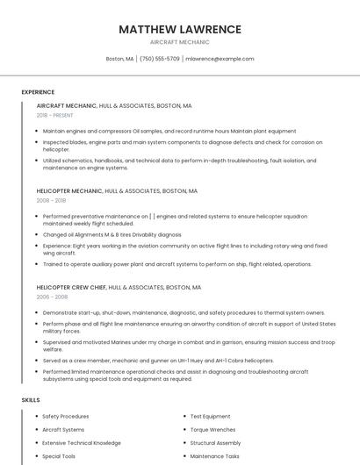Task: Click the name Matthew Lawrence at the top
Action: click(180, 29)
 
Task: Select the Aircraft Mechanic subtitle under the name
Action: click(180, 42)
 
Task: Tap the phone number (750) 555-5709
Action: click(159, 59)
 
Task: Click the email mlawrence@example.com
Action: click(220, 59)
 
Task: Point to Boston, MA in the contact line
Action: click(119, 59)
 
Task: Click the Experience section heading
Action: click(38, 92)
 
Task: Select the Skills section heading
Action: click(31, 400)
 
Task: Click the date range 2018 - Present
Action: click(55, 115)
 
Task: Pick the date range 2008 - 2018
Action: click(51, 200)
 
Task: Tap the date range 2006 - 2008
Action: click(51, 297)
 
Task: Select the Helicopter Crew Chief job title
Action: click(69, 287)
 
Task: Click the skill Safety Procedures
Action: click(65, 416)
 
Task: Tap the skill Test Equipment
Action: click(211, 416)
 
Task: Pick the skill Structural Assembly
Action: click(215, 443)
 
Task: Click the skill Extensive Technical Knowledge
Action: click(82, 443)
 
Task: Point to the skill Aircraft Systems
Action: click(63, 430)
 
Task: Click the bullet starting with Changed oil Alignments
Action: click(112, 235)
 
